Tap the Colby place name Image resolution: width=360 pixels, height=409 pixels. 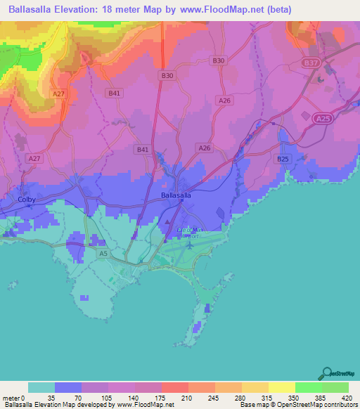(27, 200)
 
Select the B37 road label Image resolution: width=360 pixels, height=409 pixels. (311, 63)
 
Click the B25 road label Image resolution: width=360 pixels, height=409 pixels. (283, 160)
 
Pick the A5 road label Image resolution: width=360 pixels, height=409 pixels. (103, 252)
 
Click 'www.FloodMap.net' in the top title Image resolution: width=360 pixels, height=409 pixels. (218, 10)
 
